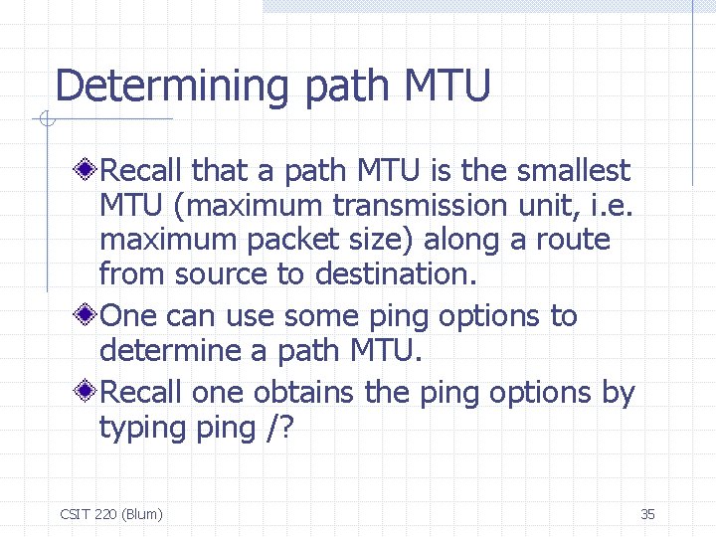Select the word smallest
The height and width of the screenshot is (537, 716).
coord(573,171)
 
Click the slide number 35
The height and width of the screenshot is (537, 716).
coord(647,514)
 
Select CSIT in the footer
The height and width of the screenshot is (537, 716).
coord(75,514)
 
